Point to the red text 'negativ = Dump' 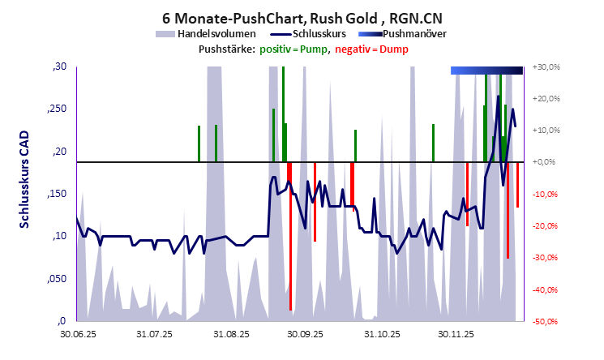(371, 49)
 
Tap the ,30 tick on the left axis (59, 67)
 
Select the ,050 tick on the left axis (57, 280)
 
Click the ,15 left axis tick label (59, 195)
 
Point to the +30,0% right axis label (547, 66)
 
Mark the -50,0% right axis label (547, 322)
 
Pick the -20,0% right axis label (547, 226)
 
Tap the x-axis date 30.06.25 (78, 332)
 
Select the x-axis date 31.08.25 (232, 332)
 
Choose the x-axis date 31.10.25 (380, 332)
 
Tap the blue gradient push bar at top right (486, 71)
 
